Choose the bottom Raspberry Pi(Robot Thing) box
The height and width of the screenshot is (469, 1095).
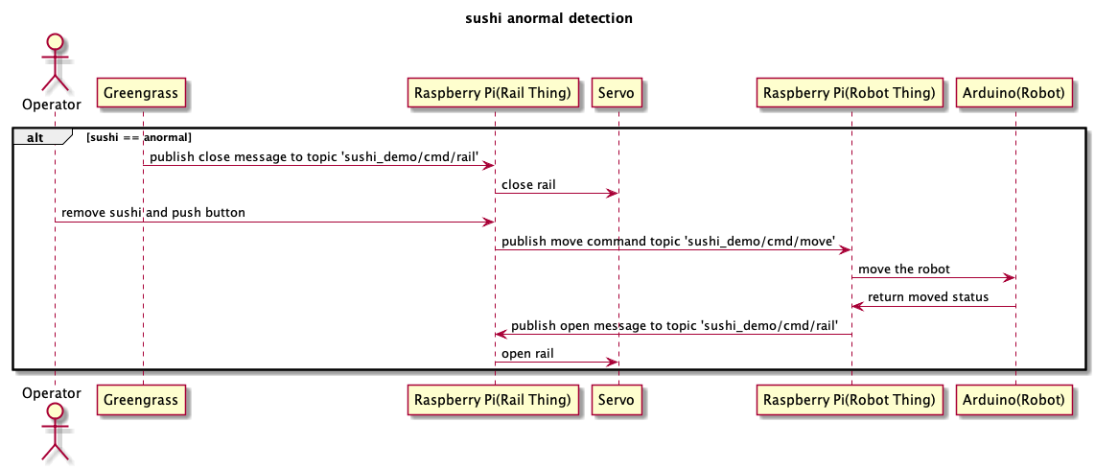(x=850, y=400)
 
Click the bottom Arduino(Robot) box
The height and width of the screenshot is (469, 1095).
(x=1014, y=400)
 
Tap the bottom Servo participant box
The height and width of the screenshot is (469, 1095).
(x=617, y=400)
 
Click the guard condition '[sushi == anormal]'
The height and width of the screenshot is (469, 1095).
(x=139, y=137)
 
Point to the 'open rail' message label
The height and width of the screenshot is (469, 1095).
(x=528, y=353)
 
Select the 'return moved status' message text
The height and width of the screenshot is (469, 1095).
(x=928, y=297)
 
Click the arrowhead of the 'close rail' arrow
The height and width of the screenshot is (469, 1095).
(x=612, y=193)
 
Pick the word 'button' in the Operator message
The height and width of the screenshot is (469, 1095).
(x=227, y=212)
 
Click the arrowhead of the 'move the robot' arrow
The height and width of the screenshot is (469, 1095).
(x=1009, y=277)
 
